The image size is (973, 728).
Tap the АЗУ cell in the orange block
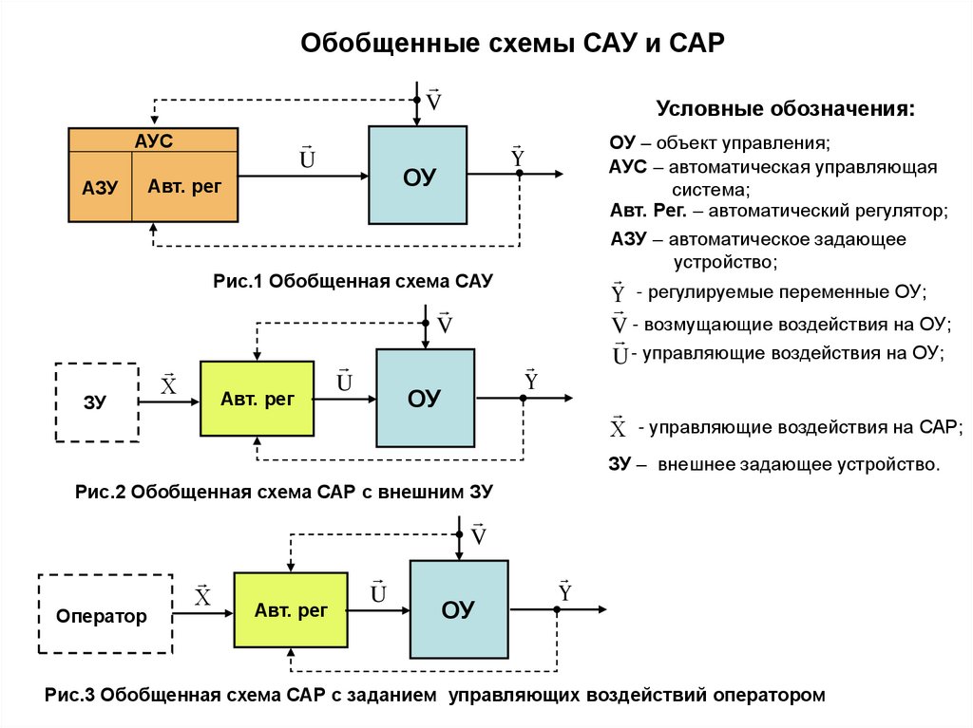coord(100,187)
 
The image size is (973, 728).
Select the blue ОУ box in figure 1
coord(418,176)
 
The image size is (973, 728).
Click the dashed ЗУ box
coord(97,401)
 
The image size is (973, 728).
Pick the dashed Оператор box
coord(104,615)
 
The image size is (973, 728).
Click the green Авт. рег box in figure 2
coord(257,399)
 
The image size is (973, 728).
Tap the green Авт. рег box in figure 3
coord(291,610)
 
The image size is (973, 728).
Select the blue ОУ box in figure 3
coord(458,609)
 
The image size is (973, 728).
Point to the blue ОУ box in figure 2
coord(425,398)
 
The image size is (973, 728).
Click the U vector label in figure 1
coord(307,159)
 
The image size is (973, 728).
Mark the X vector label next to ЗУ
coord(168,384)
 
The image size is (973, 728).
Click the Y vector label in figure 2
coord(531,381)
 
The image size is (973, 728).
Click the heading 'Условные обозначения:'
coord(787,108)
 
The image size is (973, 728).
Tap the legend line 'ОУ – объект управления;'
coord(719,143)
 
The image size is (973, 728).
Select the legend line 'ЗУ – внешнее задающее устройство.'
coord(773,465)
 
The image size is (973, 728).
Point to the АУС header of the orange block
coord(153,140)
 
